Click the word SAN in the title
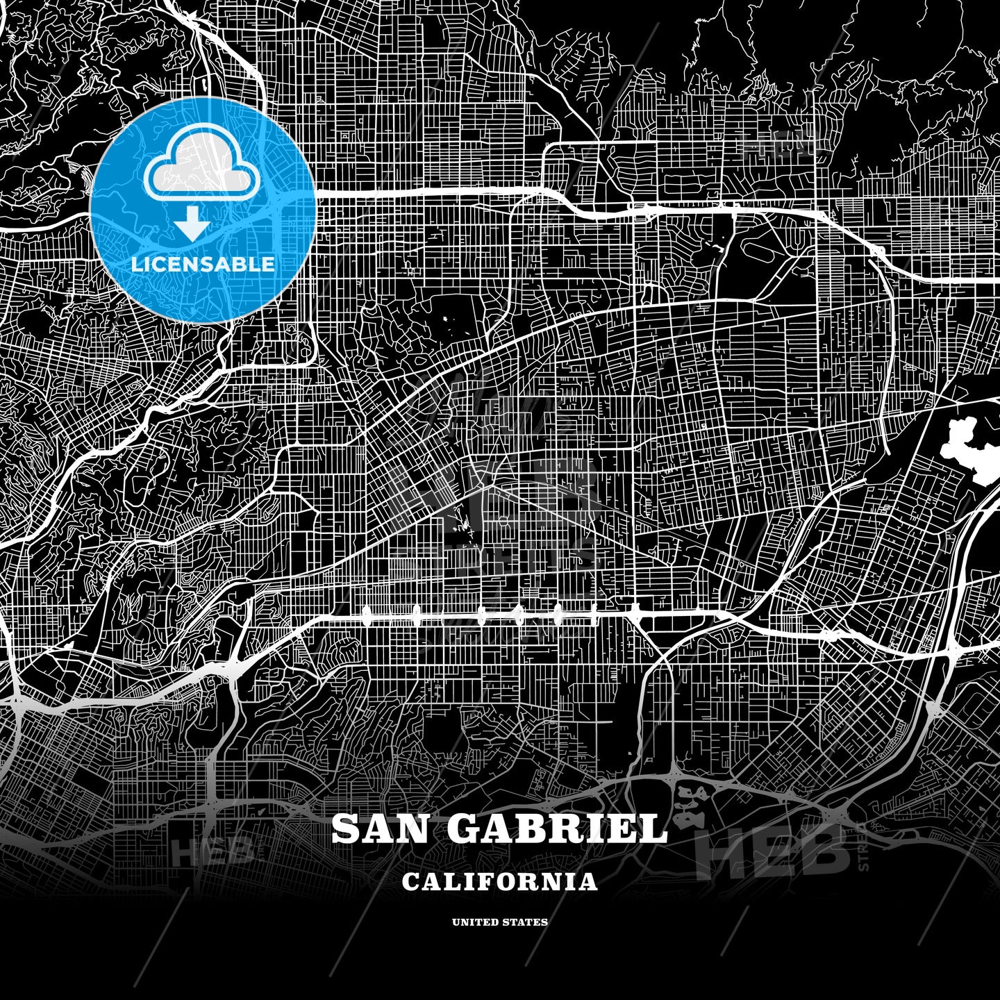[383, 828]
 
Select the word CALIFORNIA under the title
[499, 882]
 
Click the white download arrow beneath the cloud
[192, 226]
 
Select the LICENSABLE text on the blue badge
[203, 264]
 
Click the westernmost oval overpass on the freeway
[367, 612]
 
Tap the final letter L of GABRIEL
[653, 828]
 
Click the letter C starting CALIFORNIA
[410, 882]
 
